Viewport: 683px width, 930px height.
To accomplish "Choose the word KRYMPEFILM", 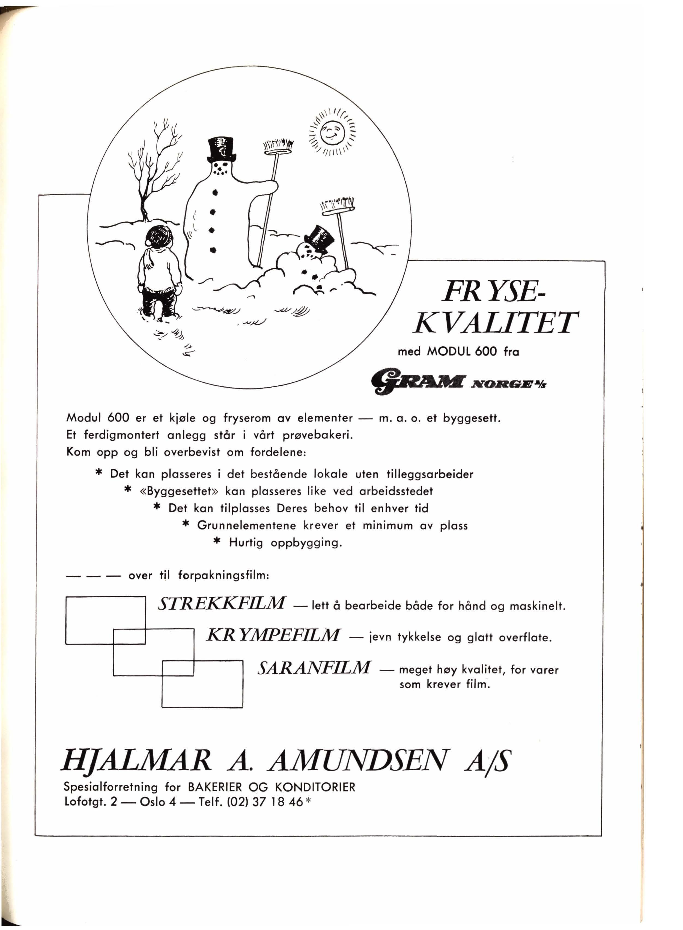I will tap(273, 635).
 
